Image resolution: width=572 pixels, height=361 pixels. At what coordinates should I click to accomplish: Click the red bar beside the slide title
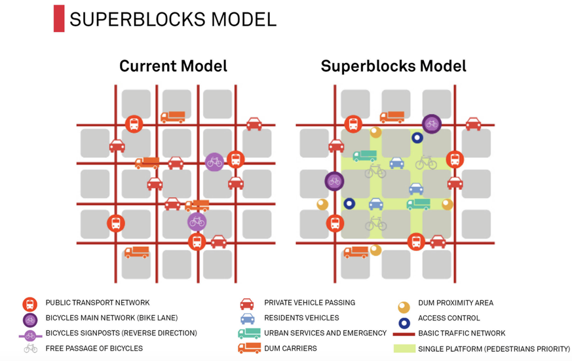[x=59, y=18]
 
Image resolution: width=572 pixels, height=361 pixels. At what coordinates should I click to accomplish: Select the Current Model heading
[x=173, y=66]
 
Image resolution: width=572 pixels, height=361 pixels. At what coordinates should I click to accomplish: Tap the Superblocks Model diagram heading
[x=393, y=66]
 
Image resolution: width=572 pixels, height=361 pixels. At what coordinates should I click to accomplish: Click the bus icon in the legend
[x=29, y=304]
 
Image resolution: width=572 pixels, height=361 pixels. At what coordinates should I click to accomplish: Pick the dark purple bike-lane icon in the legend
[x=29, y=319]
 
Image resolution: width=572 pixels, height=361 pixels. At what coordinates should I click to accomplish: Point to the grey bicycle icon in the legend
[x=30, y=349]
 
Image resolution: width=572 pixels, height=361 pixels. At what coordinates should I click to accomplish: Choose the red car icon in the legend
[x=247, y=303]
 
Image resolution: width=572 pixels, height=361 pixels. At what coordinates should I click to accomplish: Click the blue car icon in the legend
[x=247, y=318]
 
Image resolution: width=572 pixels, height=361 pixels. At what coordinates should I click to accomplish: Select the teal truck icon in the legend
[x=249, y=333]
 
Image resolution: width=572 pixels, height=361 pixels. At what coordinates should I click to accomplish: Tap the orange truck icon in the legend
[x=249, y=349]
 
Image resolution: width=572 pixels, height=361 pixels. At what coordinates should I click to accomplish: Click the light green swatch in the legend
[x=404, y=349]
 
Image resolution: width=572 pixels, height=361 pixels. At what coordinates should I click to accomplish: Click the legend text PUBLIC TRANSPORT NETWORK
[x=98, y=303]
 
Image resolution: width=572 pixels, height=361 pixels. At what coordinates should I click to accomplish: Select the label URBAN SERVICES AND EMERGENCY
[x=325, y=333]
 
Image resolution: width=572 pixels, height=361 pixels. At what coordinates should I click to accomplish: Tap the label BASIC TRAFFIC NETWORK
[x=461, y=333]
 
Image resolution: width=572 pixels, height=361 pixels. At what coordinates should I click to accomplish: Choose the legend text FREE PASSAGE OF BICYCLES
[x=94, y=349]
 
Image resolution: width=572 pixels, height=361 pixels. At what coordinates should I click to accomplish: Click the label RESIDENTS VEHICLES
[x=301, y=318]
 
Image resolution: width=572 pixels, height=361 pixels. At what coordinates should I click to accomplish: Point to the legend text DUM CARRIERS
[x=290, y=349]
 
